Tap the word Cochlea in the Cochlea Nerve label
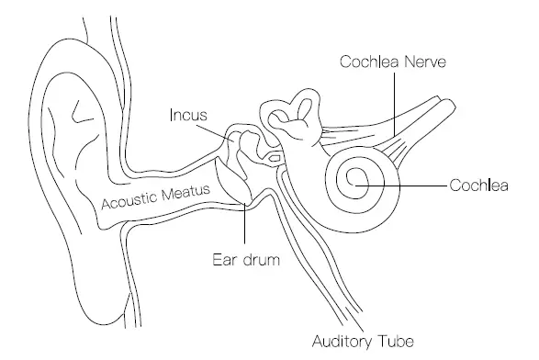tap(366, 62)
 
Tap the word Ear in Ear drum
tap(221, 259)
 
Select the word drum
tap(258, 259)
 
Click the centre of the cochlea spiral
tap(356, 182)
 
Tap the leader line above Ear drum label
tap(244, 230)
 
